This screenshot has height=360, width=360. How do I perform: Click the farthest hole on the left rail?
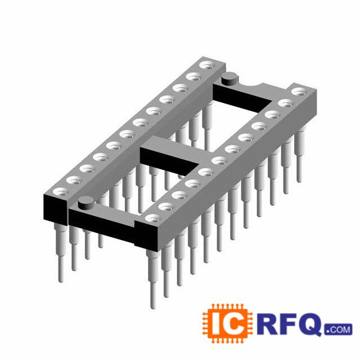pyautogui.click(x=207, y=65)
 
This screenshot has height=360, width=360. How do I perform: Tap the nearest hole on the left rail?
pyautogui.click(x=61, y=192)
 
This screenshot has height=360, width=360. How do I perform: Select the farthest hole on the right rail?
pyautogui.click(x=299, y=91)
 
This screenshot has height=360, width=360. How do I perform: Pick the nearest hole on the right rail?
pyautogui.click(x=153, y=218)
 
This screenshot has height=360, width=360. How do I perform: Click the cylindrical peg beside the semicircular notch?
pyautogui.click(x=229, y=79)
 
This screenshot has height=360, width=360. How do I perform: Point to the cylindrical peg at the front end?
pyautogui.click(x=86, y=203)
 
